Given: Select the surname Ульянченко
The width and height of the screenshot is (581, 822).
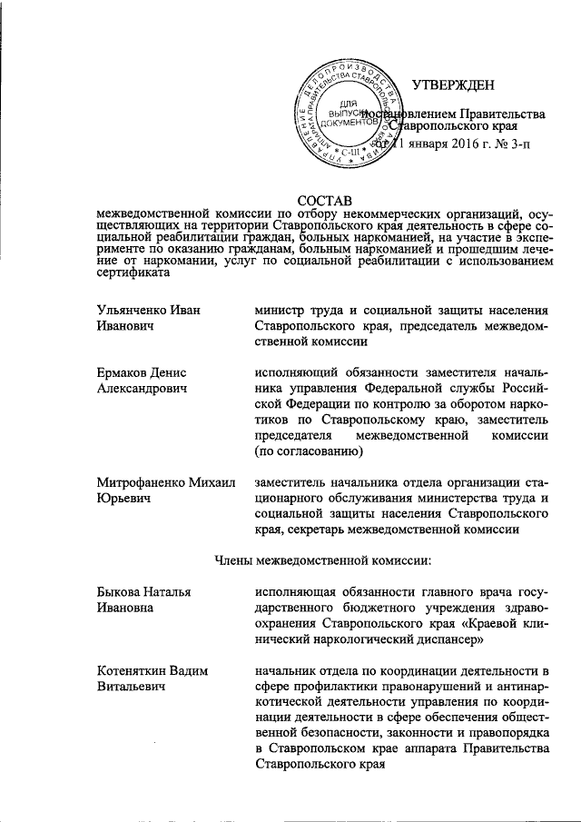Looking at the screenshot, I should click(138, 310).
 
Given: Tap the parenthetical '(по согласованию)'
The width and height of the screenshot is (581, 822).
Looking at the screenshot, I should click(310, 451).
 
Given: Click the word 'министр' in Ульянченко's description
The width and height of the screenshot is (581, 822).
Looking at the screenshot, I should click(284, 310).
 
